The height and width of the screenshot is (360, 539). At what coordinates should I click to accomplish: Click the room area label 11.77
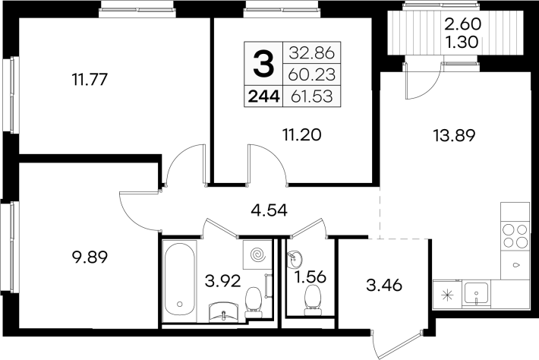tap(90, 80)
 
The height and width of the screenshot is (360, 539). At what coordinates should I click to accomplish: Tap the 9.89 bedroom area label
tap(90, 257)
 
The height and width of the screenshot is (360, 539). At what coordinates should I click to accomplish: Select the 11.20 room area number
tap(302, 134)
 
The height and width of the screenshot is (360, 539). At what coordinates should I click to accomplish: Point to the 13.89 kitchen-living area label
tap(454, 135)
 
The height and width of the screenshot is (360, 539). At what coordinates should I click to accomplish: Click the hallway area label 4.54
tap(269, 210)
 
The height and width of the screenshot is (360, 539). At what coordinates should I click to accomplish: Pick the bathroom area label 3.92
tap(222, 282)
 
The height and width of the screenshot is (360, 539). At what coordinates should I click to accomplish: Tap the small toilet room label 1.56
tap(310, 276)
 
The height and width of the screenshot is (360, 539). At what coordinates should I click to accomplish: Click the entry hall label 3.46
tap(384, 286)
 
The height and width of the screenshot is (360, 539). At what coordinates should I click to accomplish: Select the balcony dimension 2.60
tap(463, 24)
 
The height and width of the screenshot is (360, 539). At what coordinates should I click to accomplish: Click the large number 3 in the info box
tap(263, 63)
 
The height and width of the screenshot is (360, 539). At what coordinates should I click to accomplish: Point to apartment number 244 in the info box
tap(263, 97)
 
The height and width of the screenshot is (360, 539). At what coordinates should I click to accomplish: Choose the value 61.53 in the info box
tap(312, 96)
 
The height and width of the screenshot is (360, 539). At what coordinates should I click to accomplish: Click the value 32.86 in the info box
tap(312, 53)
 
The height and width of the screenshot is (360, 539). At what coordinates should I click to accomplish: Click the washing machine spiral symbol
tap(257, 254)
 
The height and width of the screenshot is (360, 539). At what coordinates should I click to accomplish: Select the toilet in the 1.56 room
tap(313, 300)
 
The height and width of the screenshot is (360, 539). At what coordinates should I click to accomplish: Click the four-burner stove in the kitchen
tap(515, 235)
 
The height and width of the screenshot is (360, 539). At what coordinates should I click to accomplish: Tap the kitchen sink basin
tap(476, 293)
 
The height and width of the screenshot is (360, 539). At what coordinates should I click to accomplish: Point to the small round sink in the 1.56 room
tap(294, 259)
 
